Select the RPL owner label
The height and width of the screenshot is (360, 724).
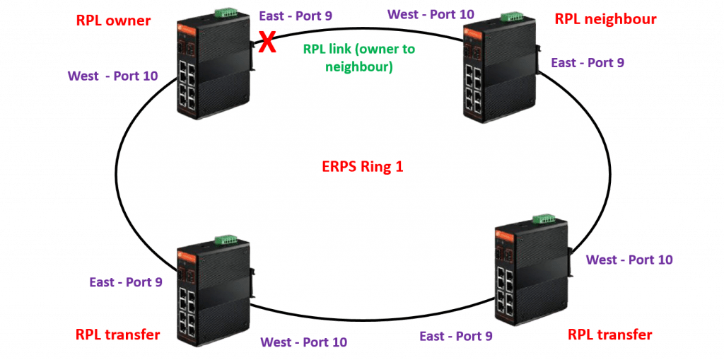pyautogui.click(x=113, y=20)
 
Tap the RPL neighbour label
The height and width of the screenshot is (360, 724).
pyautogui.click(x=607, y=19)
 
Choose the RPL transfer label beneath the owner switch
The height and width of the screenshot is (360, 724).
pyautogui.click(x=117, y=334)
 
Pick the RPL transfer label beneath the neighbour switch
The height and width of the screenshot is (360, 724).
pyautogui.click(x=610, y=335)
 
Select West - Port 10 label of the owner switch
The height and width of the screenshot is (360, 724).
pyautogui.click(x=113, y=75)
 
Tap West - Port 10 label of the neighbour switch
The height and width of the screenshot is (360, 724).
pyautogui.click(x=432, y=13)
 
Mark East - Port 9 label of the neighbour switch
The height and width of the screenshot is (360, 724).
pyautogui.click(x=588, y=63)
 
